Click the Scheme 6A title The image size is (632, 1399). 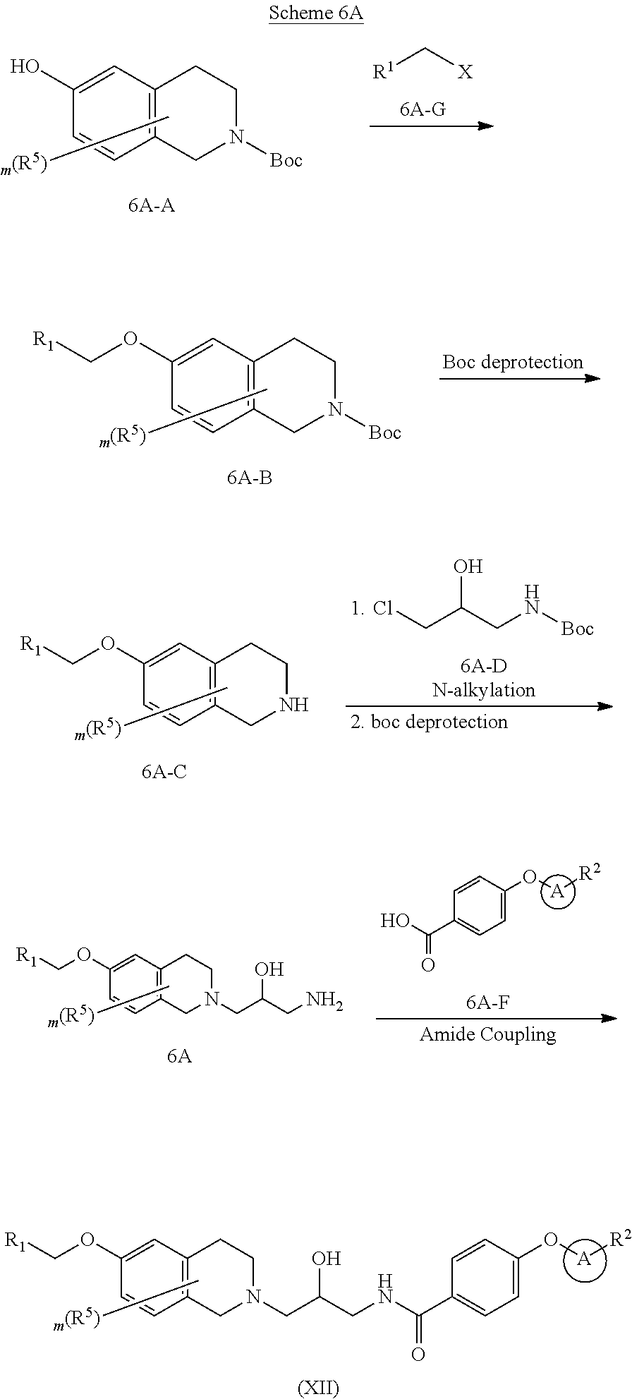(x=315, y=14)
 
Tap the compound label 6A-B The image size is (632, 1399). (x=250, y=478)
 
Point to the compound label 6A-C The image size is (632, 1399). (x=164, y=771)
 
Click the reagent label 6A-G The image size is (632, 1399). (x=423, y=109)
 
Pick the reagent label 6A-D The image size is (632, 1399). (x=484, y=665)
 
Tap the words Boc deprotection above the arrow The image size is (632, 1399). (x=513, y=362)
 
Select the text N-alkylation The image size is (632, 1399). (x=484, y=689)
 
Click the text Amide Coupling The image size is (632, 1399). (x=488, y=1034)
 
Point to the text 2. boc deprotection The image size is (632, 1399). (x=430, y=722)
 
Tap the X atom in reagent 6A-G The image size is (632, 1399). (x=465, y=72)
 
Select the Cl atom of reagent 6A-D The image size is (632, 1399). (x=383, y=609)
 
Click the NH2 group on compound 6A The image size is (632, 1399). (x=324, y=1003)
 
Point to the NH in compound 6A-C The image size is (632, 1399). (x=295, y=704)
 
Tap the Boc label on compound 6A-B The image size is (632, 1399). (x=384, y=432)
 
